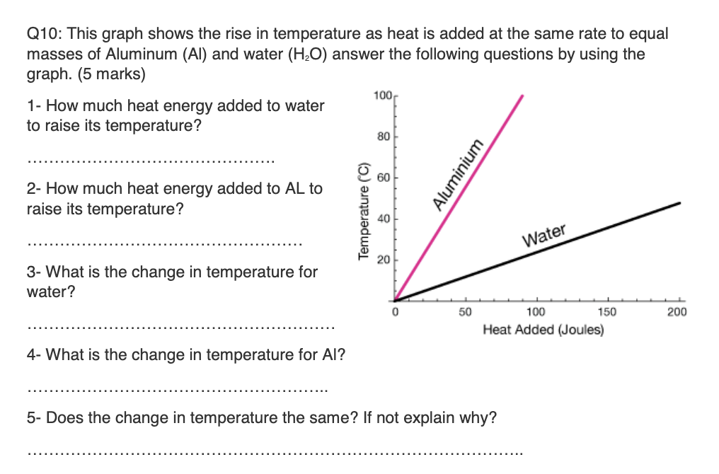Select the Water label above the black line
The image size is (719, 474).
(544, 235)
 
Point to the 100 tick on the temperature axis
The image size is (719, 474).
(380, 94)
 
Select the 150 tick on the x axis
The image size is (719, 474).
(607, 312)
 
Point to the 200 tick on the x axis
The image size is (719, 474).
(678, 312)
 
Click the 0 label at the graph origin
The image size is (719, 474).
(396, 312)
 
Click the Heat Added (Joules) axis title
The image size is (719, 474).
(543, 330)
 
